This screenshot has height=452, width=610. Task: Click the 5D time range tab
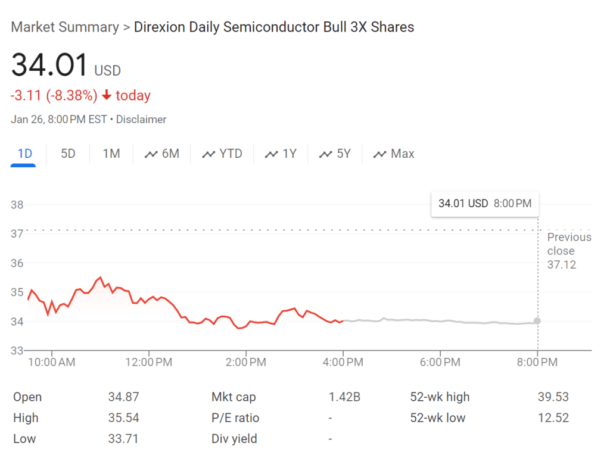(68, 154)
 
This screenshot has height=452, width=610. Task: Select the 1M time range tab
(111, 154)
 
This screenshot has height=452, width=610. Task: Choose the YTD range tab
(223, 154)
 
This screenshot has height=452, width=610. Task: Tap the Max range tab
(394, 154)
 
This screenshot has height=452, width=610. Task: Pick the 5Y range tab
(335, 154)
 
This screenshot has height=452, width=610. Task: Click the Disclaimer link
(141, 119)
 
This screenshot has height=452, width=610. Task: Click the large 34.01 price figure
(50, 65)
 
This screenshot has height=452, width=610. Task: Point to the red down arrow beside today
(107, 95)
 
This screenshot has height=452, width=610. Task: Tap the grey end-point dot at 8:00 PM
(537, 321)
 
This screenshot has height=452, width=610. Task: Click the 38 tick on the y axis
(17, 205)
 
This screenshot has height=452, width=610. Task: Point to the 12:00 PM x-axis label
(148, 361)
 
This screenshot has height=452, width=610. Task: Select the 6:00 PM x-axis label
(440, 361)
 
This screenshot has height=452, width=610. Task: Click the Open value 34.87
(125, 397)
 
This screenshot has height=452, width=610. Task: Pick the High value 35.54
(125, 418)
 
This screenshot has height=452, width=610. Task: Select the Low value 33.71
(125, 439)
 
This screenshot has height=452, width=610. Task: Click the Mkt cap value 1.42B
(344, 397)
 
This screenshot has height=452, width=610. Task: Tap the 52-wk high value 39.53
(553, 397)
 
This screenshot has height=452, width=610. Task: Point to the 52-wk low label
(438, 418)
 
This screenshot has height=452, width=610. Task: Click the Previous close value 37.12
(562, 264)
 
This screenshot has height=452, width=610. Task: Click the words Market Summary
(65, 27)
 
